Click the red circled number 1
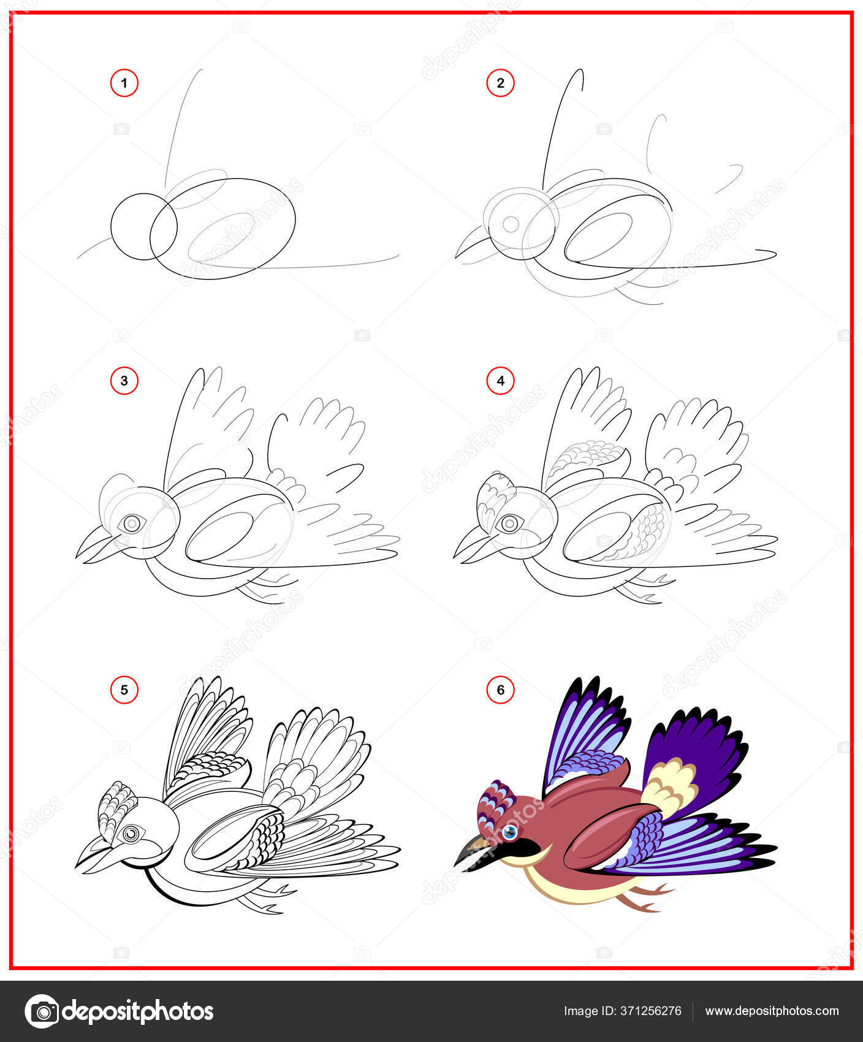[124, 83]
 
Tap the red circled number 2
[500, 83]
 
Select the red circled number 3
[124, 381]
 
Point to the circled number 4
[500, 381]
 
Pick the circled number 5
[124, 690]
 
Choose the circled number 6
[500, 690]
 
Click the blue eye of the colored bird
[510, 832]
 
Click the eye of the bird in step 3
[131, 523]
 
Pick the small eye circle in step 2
[510, 224]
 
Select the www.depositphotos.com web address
[772, 1011]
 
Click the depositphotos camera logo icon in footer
[42, 1011]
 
